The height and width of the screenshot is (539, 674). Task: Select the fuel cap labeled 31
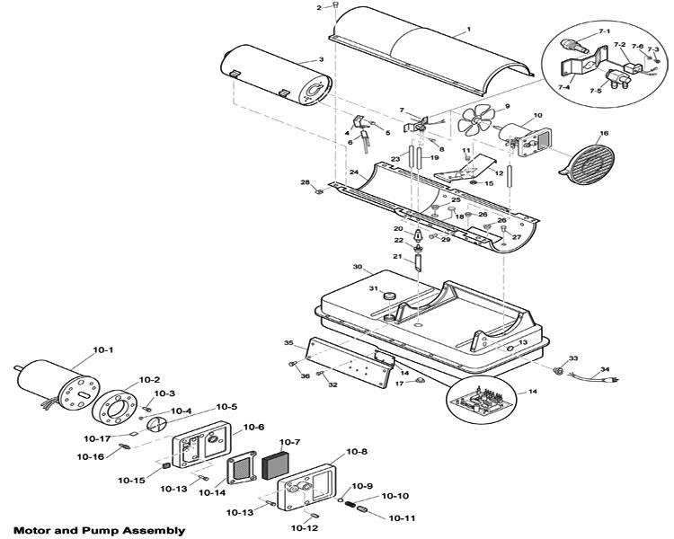pos(389,296)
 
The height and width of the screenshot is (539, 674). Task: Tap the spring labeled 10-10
pos(351,504)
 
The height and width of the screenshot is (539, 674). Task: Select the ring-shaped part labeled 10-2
pos(114,408)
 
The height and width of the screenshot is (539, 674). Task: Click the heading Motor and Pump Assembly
pos(99,530)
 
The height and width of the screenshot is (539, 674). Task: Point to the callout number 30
pos(358,267)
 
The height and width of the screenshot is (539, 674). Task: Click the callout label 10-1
pos(103,349)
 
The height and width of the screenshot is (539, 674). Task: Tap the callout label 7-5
pos(595,91)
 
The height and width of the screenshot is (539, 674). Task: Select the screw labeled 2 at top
pos(336,5)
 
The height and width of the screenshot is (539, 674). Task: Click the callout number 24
pos(354,172)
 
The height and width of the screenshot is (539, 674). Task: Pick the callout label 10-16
pos(90,457)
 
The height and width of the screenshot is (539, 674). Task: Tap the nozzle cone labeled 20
pos(418,235)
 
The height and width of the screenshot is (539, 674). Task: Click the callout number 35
pos(288,342)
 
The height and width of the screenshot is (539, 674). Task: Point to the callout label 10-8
pos(357,452)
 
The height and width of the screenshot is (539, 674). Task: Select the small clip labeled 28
pos(318,191)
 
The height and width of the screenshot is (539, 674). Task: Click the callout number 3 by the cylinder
pos(321,59)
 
